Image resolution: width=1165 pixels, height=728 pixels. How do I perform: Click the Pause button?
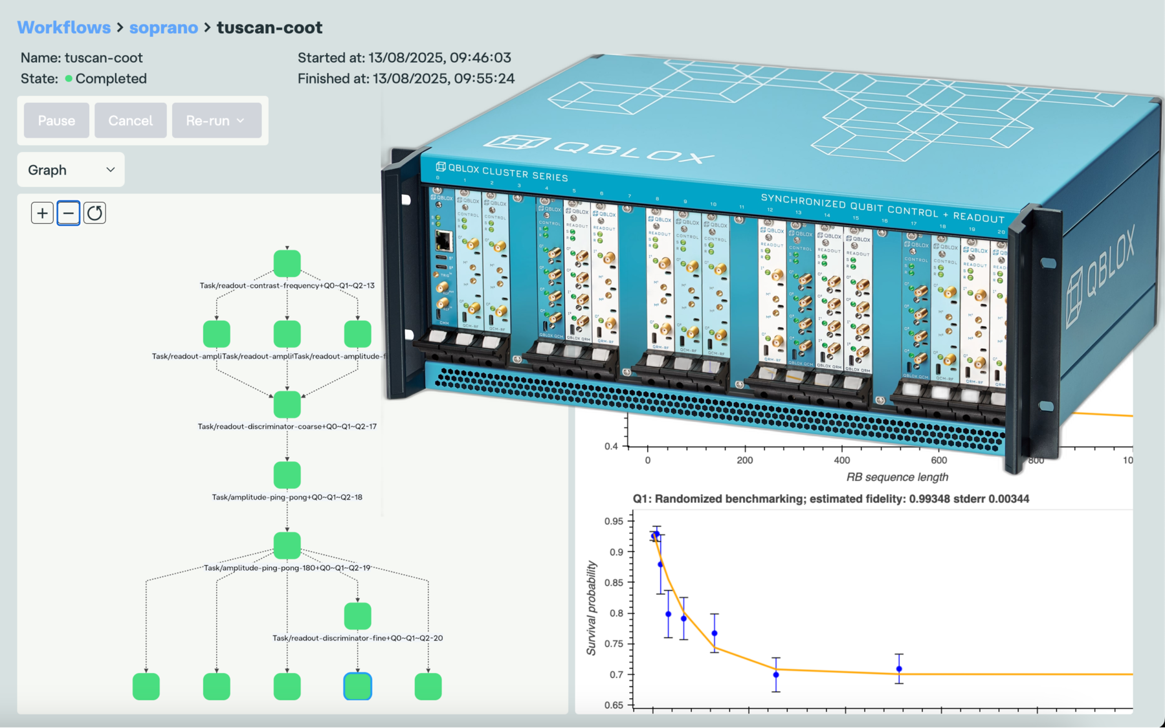click(x=56, y=120)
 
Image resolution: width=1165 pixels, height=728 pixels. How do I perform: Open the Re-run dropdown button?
click(x=216, y=120)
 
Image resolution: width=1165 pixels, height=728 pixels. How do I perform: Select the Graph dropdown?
click(x=71, y=170)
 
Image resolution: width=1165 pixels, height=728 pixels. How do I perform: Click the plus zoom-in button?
click(x=42, y=213)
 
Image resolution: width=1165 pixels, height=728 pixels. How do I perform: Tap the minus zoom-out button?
click(x=69, y=213)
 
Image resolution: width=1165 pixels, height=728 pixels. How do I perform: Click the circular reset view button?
click(x=94, y=213)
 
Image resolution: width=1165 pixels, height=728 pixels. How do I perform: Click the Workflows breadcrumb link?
click(x=63, y=27)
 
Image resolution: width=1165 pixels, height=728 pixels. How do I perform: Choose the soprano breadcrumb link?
click(x=163, y=27)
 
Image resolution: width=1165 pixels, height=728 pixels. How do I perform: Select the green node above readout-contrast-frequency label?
click(x=287, y=263)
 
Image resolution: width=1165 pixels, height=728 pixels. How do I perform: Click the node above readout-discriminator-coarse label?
click(x=287, y=404)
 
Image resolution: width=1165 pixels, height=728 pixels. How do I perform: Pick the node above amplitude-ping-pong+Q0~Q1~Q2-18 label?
click(x=287, y=475)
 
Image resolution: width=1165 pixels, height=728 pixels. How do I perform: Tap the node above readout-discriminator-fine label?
click(x=357, y=615)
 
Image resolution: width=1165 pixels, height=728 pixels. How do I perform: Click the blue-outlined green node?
click(x=357, y=686)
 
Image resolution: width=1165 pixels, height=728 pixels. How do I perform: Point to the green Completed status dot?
click(x=69, y=78)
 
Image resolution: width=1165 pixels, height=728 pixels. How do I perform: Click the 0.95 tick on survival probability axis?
click(x=613, y=522)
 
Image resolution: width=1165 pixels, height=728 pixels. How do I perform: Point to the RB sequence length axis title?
click(x=897, y=477)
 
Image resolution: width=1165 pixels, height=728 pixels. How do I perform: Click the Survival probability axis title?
click(x=591, y=608)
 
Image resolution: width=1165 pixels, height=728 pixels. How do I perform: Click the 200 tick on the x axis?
click(x=744, y=460)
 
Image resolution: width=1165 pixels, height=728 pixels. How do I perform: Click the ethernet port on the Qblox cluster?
click(x=444, y=240)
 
